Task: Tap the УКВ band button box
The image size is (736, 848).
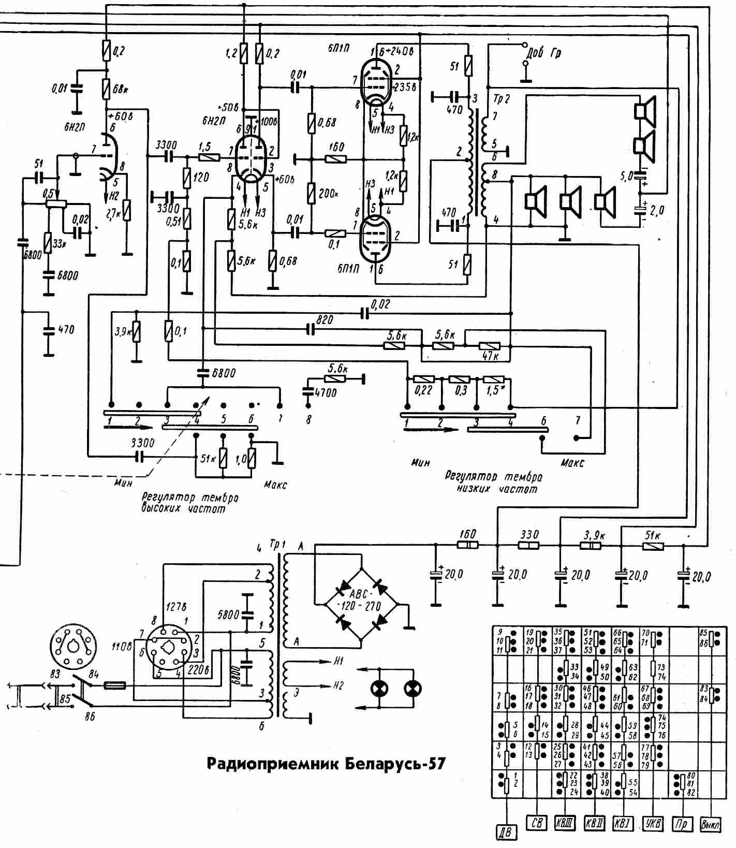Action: pos(654,823)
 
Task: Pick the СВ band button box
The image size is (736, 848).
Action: pos(536,822)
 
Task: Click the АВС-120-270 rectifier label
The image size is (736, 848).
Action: pos(360,600)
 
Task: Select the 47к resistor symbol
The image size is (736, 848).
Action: pos(489,346)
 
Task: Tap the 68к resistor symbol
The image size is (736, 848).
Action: pos(107,89)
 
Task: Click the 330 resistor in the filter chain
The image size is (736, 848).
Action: pos(529,545)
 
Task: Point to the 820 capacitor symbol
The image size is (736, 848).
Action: pos(311,329)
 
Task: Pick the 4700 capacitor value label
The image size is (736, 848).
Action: pos(325,393)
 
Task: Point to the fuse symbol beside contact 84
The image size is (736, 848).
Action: pos(114,685)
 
